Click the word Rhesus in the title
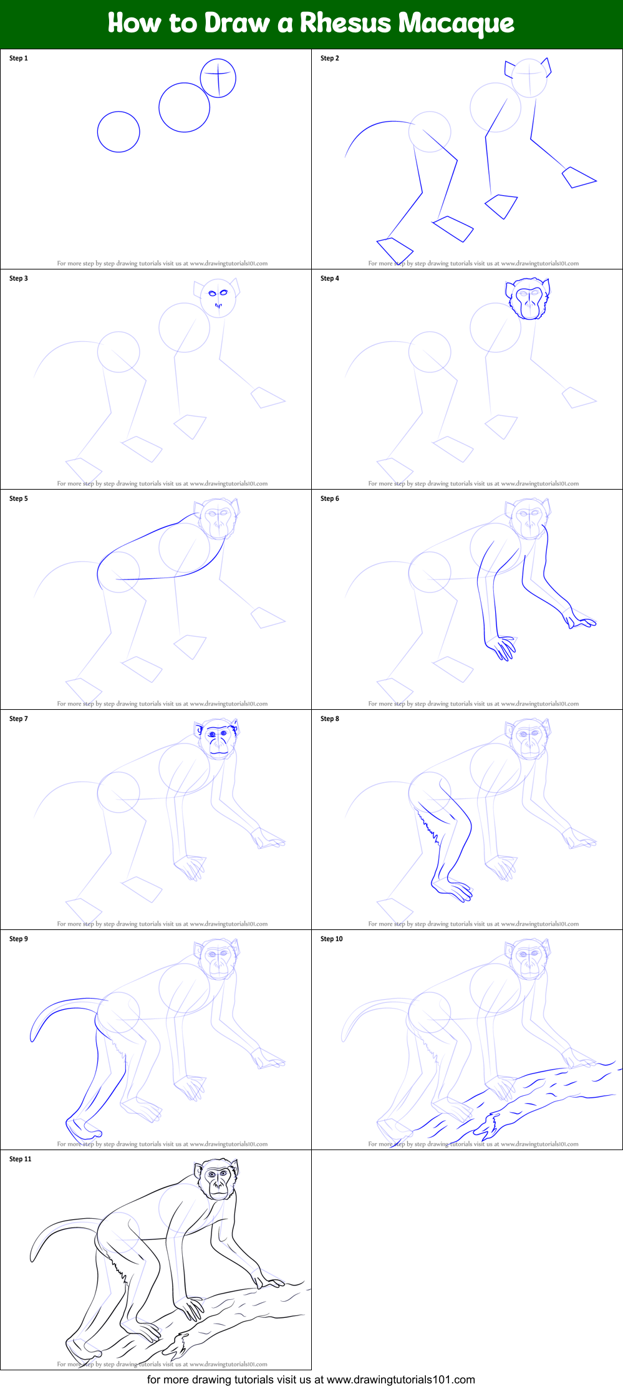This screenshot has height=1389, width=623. pyautogui.click(x=345, y=23)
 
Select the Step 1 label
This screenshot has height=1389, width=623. pyautogui.click(x=19, y=58)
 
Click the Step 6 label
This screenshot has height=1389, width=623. pyautogui.click(x=330, y=498)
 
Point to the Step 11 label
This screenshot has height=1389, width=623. pyautogui.click(x=21, y=1159)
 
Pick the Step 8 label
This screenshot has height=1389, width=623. pyautogui.click(x=330, y=719)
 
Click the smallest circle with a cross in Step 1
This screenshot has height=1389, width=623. pyautogui.click(x=218, y=78)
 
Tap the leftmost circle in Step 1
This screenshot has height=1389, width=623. pyautogui.click(x=118, y=132)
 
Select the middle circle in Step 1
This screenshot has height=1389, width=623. pyautogui.click(x=184, y=107)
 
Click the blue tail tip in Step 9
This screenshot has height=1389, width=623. pyautogui.click(x=33, y=1036)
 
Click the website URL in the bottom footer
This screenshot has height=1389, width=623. pyautogui.click(x=400, y=1379)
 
